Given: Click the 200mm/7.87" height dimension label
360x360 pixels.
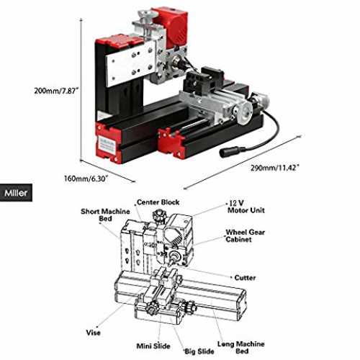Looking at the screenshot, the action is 56,91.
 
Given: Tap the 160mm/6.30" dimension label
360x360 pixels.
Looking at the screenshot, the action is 86,179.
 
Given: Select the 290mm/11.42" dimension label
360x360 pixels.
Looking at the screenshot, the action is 275,168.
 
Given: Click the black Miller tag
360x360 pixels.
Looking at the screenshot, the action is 16,193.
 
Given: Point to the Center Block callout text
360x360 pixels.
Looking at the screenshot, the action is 158,202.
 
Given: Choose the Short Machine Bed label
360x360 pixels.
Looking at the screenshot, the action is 105,215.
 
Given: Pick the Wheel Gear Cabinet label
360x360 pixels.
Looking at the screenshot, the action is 245,235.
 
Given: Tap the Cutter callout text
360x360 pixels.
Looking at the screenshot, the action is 245,278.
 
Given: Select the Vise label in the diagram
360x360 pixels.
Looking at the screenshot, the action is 93,333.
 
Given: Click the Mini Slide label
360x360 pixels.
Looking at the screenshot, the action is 153,346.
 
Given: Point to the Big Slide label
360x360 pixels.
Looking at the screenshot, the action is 199,351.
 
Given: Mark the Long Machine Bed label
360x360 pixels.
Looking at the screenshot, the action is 241,347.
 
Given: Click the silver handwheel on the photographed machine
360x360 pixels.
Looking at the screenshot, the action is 243,112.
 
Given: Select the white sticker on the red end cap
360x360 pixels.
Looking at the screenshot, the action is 107,145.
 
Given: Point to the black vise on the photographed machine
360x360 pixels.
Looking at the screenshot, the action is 204,80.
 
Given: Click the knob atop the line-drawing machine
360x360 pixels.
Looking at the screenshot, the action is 158,214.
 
